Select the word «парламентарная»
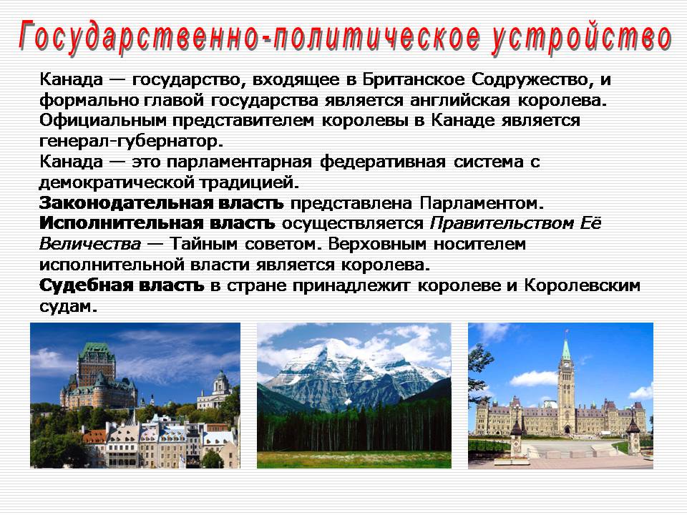(x=239, y=162)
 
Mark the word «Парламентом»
(x=482, y=203)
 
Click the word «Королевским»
(x=583, y=285)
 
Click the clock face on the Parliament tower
(x=565, y=363)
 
